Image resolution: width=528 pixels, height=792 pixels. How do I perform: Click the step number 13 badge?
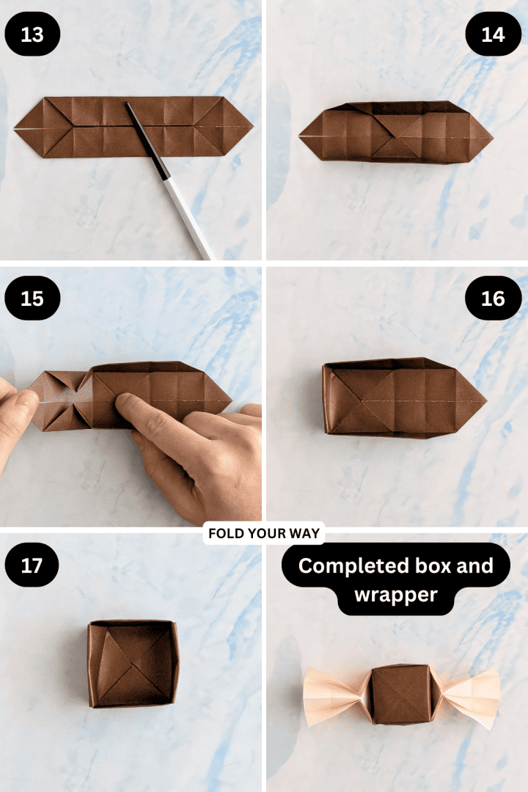click(x=32, y=34)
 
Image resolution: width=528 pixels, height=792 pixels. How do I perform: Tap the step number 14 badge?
click(x=493, y=34)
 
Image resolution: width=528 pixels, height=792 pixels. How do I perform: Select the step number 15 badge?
click(x=32, y=298)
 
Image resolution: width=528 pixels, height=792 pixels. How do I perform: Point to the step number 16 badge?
click(x=493, y=298)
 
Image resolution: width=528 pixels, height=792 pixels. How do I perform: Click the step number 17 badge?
click(x=32, y=566)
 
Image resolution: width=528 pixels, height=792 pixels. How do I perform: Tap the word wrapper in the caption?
click(x=395, y=594)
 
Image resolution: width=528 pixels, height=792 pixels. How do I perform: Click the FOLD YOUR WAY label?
click(x=264, y=533)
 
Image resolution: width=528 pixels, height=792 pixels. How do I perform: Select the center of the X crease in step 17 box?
click(x=132, y=664)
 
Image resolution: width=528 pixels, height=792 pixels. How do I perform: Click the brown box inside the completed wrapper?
click(x=400, y=694)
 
